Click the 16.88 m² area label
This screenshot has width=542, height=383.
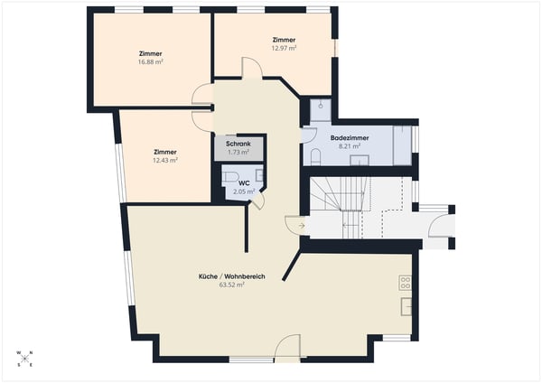tap(151, 61)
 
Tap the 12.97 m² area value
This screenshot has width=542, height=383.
tap(284, 48)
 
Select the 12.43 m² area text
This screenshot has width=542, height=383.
tap(165, 160)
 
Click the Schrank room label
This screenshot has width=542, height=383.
tap(238, 144)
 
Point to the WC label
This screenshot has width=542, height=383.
tap(244, 183)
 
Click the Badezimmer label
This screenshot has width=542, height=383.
tap(350, 138)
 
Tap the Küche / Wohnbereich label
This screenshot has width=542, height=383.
tap(232, 276)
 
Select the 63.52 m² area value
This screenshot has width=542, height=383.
tap(232, 285)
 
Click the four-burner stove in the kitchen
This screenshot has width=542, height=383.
tap(406, 283)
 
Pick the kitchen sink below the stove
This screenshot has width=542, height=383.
tap(406, 306)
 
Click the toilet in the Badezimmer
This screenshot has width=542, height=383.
tap(315, 157)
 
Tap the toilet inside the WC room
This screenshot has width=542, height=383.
tap(229, 177)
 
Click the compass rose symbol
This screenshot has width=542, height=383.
tap(24, 359)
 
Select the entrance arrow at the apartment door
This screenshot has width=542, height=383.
tap(302, 226)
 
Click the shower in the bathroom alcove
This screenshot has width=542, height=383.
tap(321, 110)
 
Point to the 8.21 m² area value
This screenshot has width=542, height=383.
tap(350, 146)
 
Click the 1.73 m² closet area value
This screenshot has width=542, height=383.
tap(238, 152)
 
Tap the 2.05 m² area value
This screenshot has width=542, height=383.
tap(244, 191)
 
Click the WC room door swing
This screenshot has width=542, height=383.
tap(259, 201)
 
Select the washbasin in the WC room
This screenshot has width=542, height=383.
tap(259, 175)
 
